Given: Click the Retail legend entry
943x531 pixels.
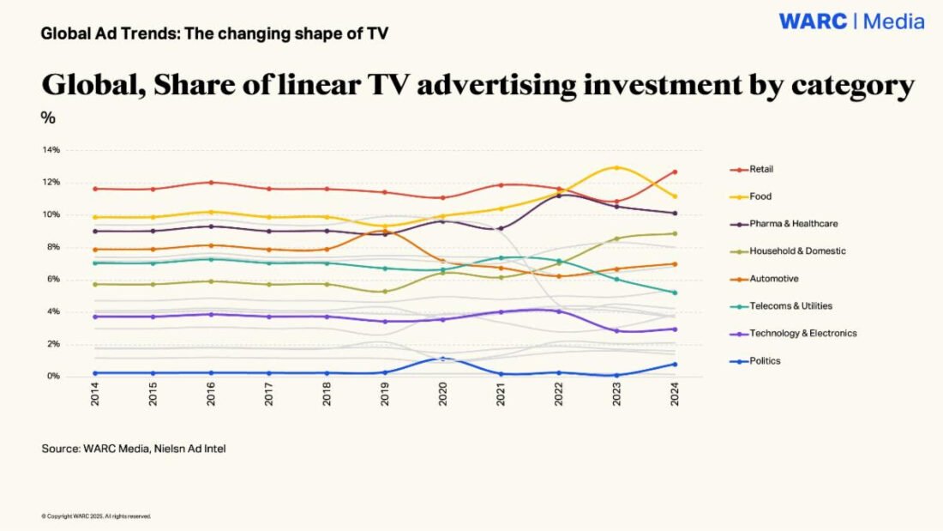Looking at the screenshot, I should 760,169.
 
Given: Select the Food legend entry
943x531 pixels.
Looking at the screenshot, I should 759,196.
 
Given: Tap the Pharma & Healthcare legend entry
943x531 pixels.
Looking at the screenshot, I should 792,224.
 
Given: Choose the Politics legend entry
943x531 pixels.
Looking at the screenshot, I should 764,361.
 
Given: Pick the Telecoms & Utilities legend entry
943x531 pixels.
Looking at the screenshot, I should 790,306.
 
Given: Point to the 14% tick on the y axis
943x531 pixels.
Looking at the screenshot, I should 51,150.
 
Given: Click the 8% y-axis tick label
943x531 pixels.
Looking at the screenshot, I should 53,247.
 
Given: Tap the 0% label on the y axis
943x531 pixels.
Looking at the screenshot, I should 53,377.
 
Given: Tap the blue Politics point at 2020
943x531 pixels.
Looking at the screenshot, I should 442,359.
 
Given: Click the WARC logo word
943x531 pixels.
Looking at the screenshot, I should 813,21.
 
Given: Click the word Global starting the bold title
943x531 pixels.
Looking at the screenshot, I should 87,86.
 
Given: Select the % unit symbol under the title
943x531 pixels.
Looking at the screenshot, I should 48,118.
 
